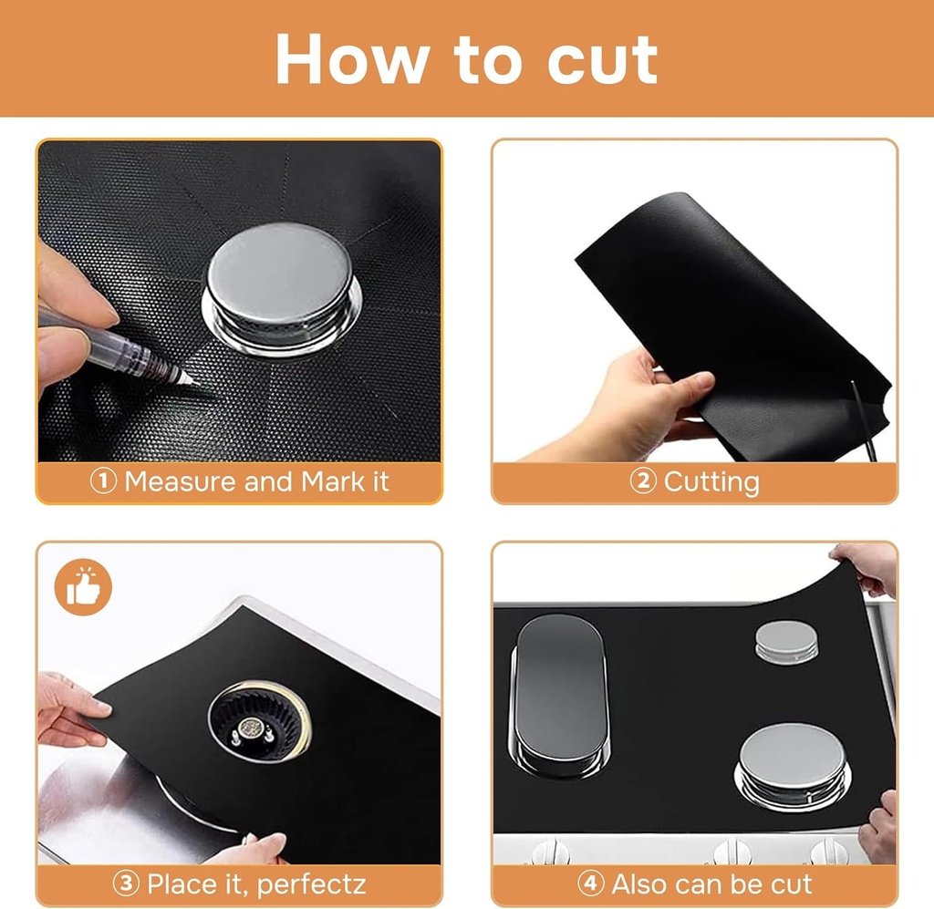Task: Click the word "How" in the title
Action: click(351, 59)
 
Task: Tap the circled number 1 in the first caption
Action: click(103, 481)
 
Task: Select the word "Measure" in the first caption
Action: click(180, 481)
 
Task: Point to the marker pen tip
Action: click(186, 377)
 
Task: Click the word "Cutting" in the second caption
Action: click(711, 481)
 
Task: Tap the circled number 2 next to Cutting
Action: click(643, 481)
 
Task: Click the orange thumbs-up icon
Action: click(82, 587)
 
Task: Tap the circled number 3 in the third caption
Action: click(126, 883)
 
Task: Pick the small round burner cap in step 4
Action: click(785, 639)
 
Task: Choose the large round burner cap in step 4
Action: click(791, 761)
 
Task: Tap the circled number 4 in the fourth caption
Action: click(591, 883)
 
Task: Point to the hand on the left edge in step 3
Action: click(68, 707)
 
